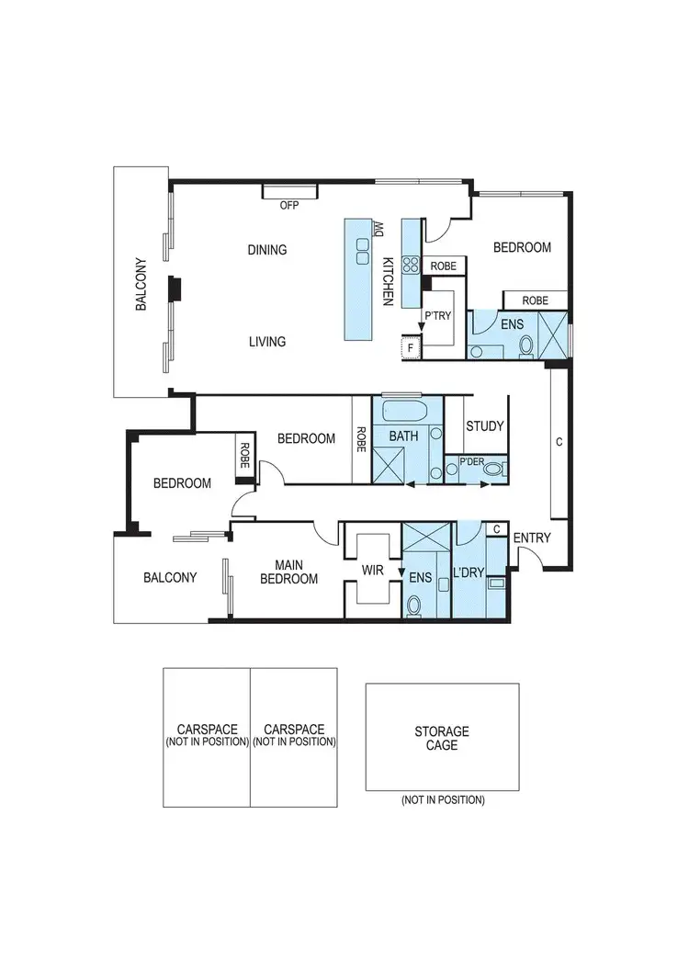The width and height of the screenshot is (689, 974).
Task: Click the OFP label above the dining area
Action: click(289, 206)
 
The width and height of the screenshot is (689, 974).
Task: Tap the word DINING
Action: click(267, 250)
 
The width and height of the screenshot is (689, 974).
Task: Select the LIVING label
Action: click(267, 342)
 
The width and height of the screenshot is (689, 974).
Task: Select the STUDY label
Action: click(484, 426)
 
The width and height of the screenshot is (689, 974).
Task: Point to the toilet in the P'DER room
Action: click(493, 470)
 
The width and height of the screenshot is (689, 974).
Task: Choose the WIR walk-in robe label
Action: click(372, 571)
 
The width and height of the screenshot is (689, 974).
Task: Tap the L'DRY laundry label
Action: click(469, 572)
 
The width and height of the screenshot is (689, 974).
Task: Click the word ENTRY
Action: click(532, 538)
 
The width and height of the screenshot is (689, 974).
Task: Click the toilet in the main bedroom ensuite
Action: click(413, 605)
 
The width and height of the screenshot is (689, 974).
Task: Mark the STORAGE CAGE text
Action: click(442, 739)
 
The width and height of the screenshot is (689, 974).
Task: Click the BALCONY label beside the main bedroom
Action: click(170, 578)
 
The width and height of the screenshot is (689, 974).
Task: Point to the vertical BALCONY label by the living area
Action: click(141, 283)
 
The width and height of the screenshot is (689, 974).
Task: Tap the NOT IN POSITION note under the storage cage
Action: click(442, 800)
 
